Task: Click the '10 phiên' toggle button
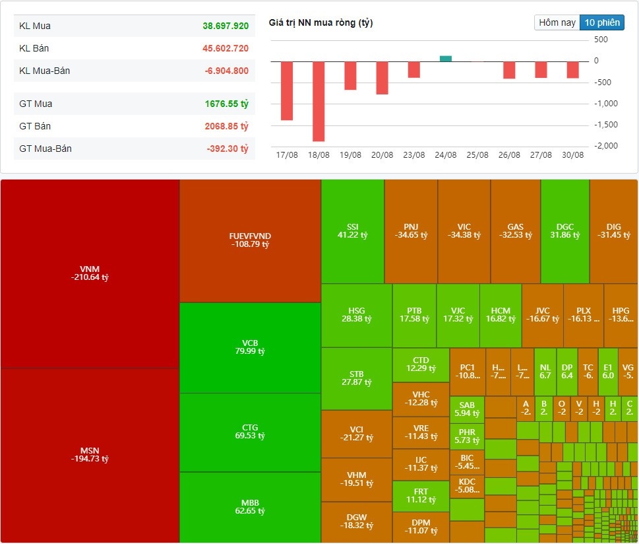(601, 22)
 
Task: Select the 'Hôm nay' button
(557, 22)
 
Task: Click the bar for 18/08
(319, 101)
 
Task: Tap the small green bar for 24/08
(446, 59)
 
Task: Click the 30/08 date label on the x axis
(572, 155)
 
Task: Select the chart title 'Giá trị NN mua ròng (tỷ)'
(320, 23)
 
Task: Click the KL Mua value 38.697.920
(226, 26)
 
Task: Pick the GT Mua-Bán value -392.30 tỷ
(228, 149)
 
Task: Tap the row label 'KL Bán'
(34, 48)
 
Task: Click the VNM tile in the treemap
(90, 273)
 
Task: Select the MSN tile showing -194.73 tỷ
(90, 455)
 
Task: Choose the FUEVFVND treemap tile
(250, 240)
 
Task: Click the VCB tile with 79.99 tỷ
(250, 347)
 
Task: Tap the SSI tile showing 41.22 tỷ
(352, 230)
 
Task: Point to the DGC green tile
(564, 230)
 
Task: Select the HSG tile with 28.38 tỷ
(356, 315)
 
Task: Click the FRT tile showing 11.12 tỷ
(421, 496)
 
